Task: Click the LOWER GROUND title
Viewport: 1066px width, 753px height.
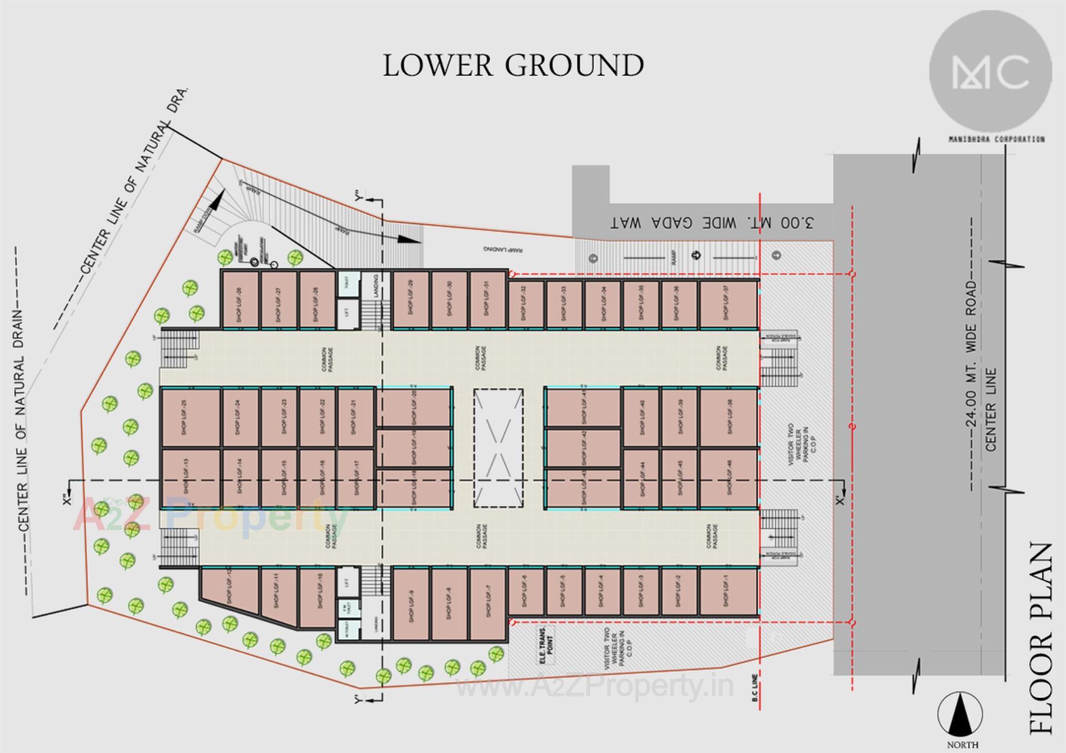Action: click(513, 66)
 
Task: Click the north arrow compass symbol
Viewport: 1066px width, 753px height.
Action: click(960, 716)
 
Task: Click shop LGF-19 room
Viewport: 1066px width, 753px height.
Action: click(414, 448)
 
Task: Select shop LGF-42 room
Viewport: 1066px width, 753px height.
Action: click(582, 448)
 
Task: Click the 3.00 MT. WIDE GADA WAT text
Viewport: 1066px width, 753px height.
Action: click(712, 223)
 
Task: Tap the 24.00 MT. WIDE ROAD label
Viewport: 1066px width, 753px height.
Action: click(971, 353)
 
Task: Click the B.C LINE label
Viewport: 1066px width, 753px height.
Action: click(755, 687)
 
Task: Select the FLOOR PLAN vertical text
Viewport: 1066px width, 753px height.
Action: click(1040, 639)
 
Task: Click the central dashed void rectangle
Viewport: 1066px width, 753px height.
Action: click(498, 448)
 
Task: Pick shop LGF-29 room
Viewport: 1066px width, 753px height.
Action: click(411, 300)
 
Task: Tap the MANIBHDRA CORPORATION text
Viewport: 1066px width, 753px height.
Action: click(997, 139)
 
